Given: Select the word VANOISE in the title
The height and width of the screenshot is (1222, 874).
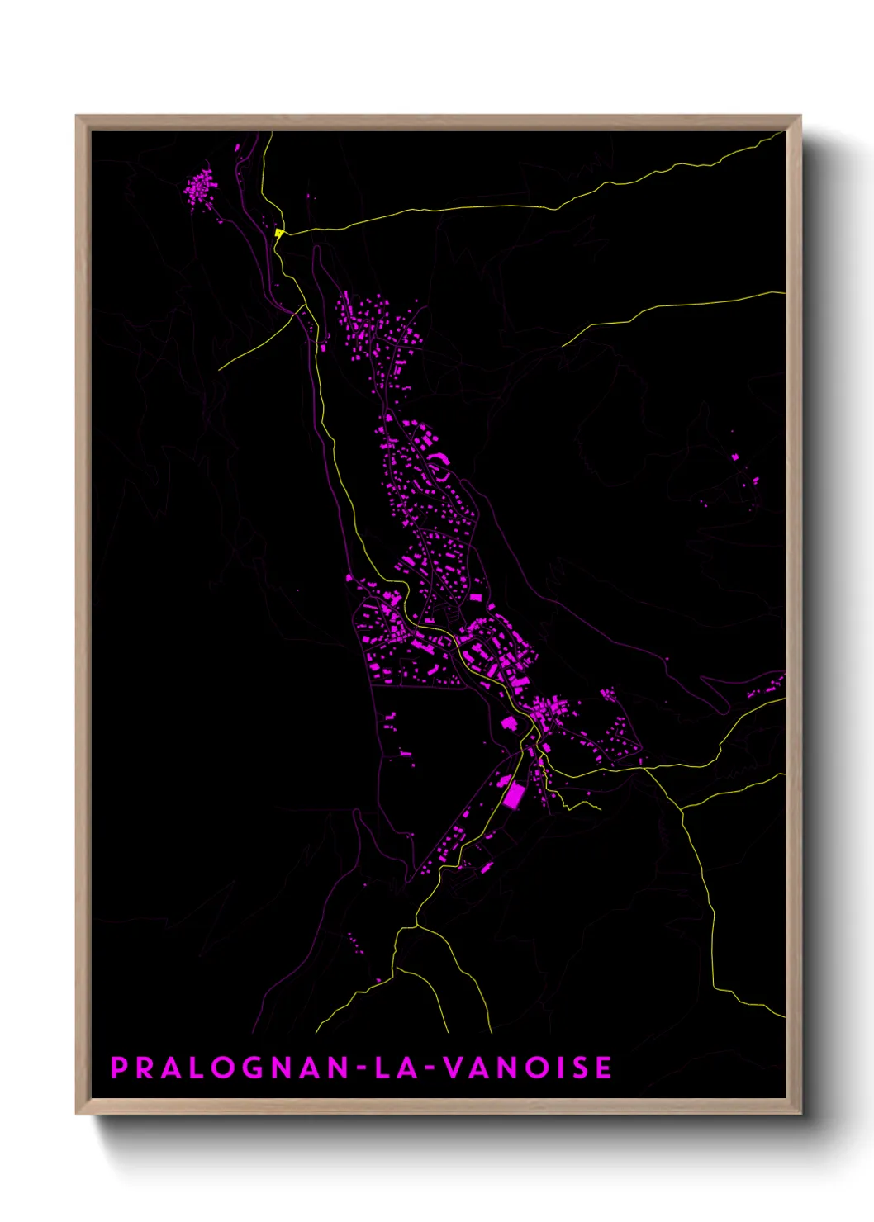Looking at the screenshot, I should pyautogui.click(x=529, y=1068).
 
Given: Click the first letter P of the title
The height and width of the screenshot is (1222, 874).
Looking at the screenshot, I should pyautogui.click(x=119, y=1068).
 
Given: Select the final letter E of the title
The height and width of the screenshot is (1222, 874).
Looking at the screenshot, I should pyautogui.click(x=604, y=1068).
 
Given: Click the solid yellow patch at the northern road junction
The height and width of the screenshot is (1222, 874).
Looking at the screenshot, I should pyautogui.click(x=279, y=234).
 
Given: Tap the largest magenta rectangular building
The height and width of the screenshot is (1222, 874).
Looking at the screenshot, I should pyautogui.click(x=514, y=796).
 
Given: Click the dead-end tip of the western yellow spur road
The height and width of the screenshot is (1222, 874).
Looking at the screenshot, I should pyautogui.click(x=220, y=368).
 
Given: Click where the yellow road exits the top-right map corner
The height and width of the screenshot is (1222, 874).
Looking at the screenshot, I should pyautogui.click(x=781, y=135).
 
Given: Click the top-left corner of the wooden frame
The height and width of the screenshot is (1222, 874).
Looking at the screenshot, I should pyautogui.click(x=77, y=116).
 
